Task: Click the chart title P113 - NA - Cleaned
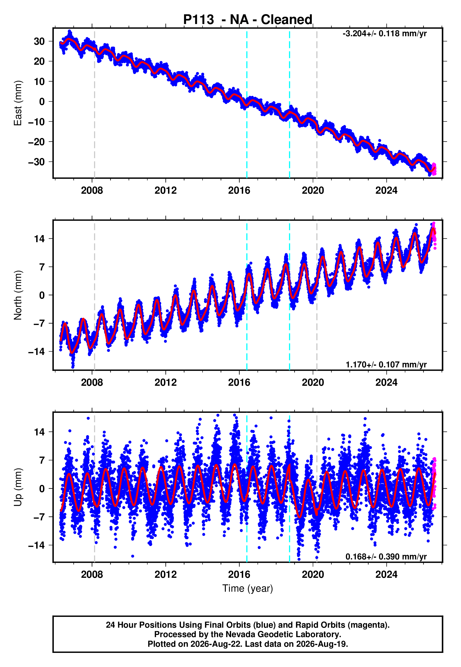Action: pos(248,20)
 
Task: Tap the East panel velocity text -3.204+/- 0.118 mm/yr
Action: pos(384,34)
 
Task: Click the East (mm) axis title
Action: pos(18,103)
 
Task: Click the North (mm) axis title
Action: pos(18,295)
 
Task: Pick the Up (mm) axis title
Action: pos(18,487)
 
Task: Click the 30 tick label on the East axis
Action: pos(39,41)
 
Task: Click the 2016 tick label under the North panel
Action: pos(239,382)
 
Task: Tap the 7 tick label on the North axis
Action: pos(42,267)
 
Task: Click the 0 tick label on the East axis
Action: pos(42,101)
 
